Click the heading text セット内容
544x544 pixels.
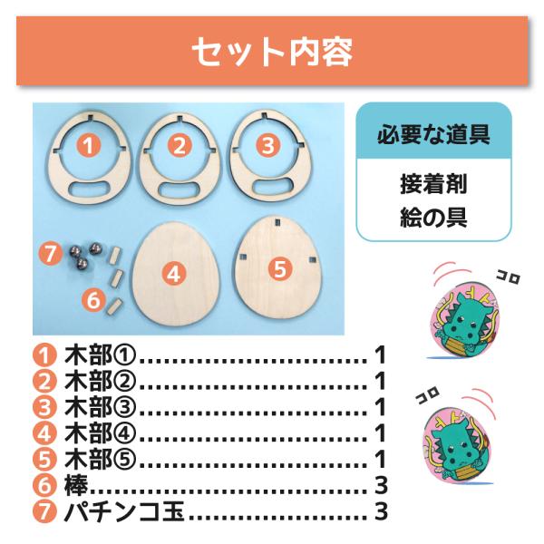point(272,52)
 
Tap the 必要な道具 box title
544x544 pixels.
point(433,134)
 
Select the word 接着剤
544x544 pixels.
point(433,184)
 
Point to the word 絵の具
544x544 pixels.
point(433,218)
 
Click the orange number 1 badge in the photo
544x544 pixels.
point(89,145)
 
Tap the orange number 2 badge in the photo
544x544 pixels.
point(180,146)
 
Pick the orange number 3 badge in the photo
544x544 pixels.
point(267,145)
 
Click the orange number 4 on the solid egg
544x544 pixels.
point(173,275)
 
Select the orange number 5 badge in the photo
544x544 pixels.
point(280,269)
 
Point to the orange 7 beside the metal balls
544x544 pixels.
point(51,254)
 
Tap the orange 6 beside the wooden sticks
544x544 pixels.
point(93,300)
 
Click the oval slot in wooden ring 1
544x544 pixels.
point(89,189)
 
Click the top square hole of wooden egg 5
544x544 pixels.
point(277,222)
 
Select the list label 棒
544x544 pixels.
point(76,485)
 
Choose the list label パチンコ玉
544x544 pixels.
point(124,511)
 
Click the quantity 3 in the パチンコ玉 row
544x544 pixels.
point(381,511)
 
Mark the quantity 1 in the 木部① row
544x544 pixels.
point(381,355)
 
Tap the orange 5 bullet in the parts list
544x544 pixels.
point(44,460)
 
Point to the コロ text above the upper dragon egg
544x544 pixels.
point(509,278)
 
